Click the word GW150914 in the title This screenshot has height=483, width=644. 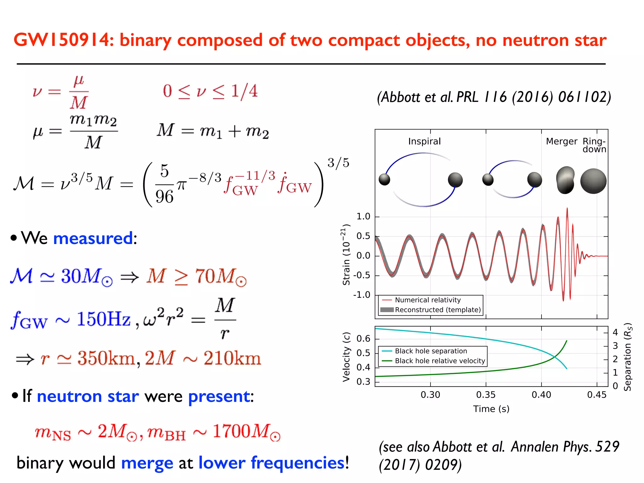click(61, 40)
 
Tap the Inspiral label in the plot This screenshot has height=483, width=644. click(424, 142)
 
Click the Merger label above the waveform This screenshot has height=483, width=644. click(561, 142)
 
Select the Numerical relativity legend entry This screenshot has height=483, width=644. click(427, 300)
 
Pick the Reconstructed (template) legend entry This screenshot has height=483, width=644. click(438, 310)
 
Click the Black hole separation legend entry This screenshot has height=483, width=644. click(430, 351)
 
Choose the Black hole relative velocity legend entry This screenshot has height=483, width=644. click(440, 361)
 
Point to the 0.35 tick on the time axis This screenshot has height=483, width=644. click(486, 395)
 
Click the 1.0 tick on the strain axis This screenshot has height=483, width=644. click(363, 216)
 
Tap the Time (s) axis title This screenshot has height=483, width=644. click(491, 409)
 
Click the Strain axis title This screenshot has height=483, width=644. click(346, 255)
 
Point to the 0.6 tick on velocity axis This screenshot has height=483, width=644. click(363, 339)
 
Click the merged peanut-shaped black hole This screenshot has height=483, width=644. click(565, 180)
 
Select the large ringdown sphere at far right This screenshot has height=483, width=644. click(593, 181)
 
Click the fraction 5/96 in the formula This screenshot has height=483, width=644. click(164, 184)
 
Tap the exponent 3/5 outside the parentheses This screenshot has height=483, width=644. click(338, 163)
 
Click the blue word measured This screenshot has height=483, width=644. click(93, 238)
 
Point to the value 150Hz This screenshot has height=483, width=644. click(104, 319)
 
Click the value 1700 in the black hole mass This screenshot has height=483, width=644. click(231, 431)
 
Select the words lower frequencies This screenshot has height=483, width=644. click(271, 463)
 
